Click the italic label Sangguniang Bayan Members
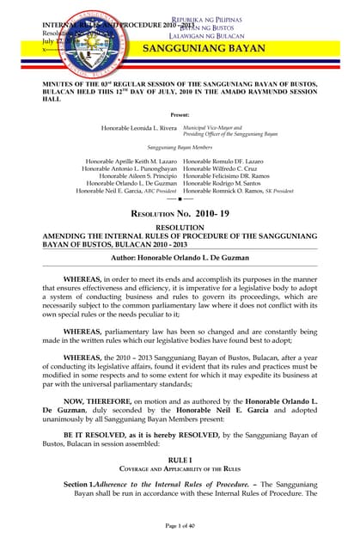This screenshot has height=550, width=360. coord(180,147)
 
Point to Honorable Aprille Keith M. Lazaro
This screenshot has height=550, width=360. coord(131,162)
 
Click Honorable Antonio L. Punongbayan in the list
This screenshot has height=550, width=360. coord(129,169)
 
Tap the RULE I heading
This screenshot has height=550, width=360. coord(180,460)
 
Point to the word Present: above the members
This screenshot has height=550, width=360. coord(180,113)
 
